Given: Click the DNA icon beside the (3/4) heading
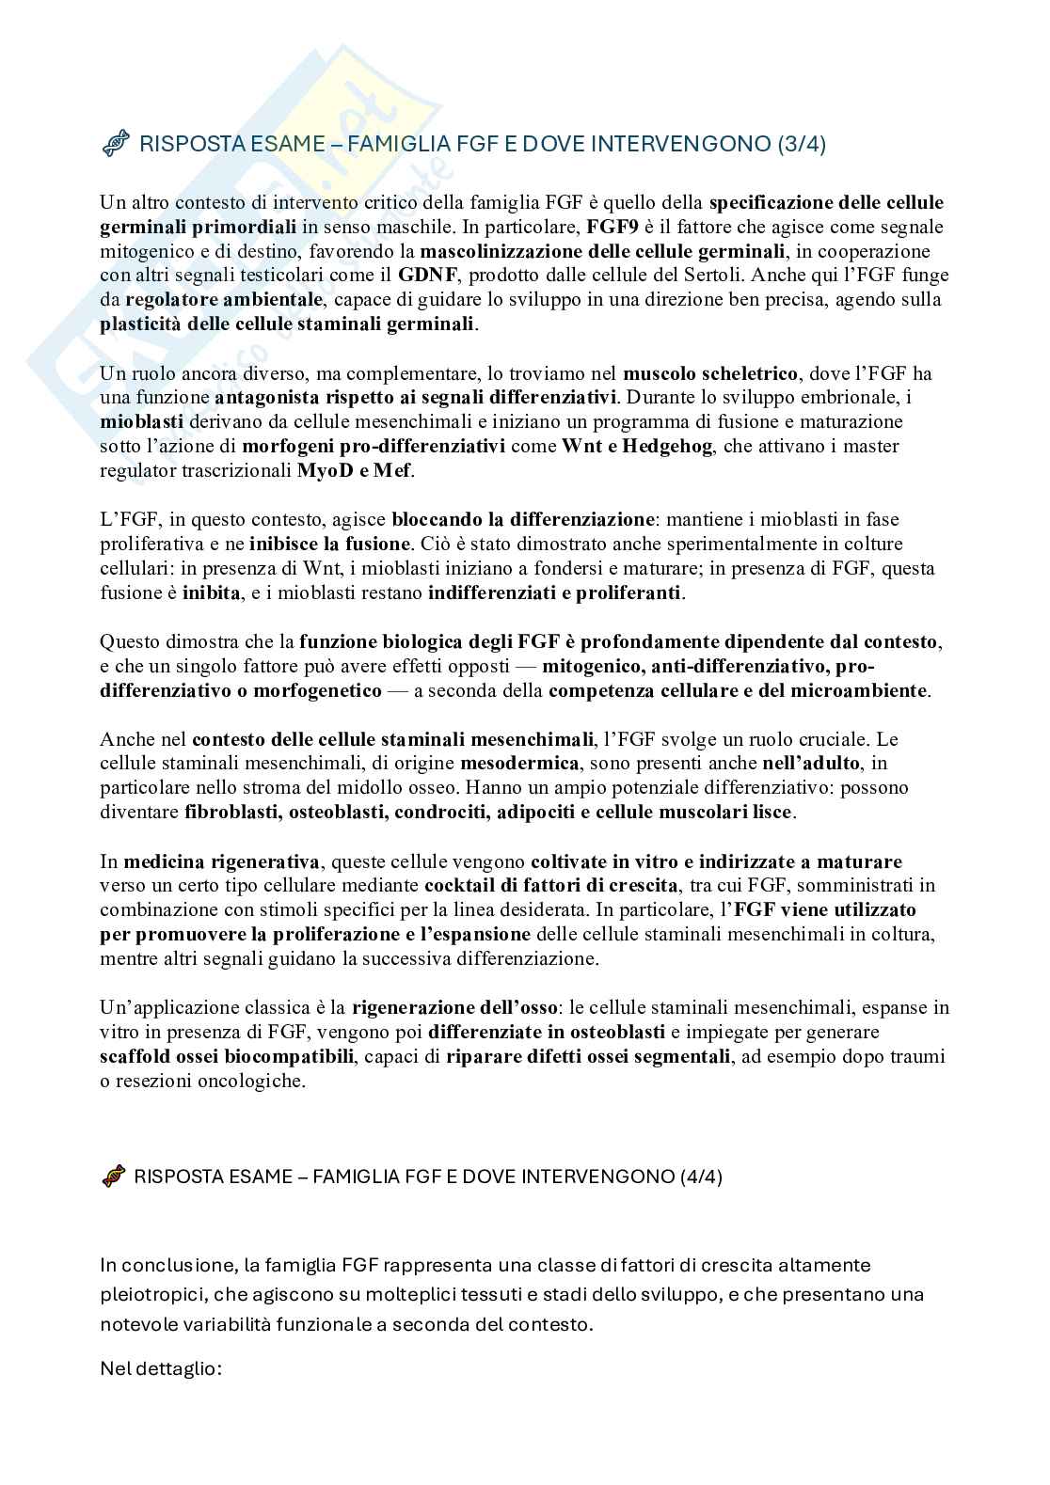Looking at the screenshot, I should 115,144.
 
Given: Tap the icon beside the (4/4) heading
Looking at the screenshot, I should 113,1177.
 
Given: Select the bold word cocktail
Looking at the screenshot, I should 458,886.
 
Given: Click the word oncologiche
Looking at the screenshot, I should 253,1082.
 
